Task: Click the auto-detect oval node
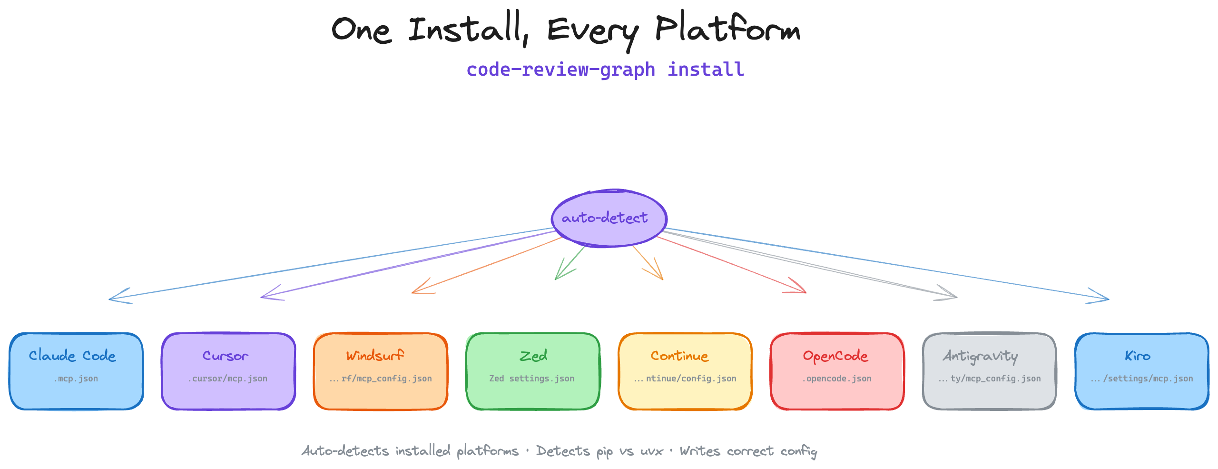[x=609, y=219]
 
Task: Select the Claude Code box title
[x=72, y=356]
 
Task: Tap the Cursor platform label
[x=226, y=356]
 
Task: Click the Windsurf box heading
[x=375, y=356]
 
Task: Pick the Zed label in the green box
[x=533, y=356]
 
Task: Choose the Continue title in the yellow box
[x=679, y=356]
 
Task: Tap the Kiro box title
[x=1138, y=356]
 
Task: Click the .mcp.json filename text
[x=76, y=379]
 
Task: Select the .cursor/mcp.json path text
[x=228, y=379]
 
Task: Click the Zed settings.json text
[x=532, y=379]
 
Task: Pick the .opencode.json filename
[x=837, y=379]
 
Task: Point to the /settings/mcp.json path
[x=1148, y=379]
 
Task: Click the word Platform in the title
[x=727, y=30]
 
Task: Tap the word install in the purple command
[x=706, y=70]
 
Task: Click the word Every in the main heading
[x=592, y=31]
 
